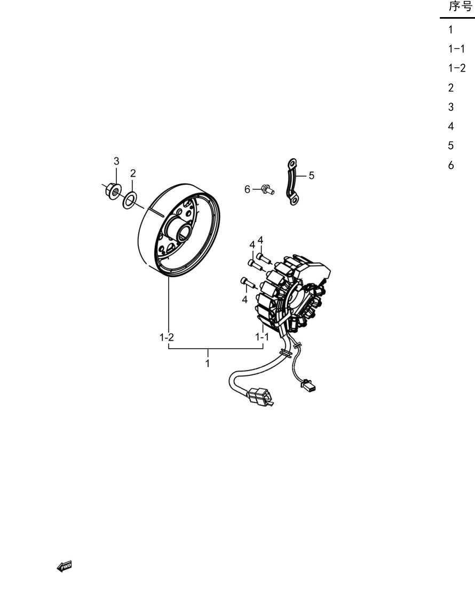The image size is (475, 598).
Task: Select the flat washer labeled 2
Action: pyautogui.click(x=130, y=200)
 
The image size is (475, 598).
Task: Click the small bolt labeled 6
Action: pyautogui.click(x=268, y=189)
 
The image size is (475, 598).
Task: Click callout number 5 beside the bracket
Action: pyautogui.click(x=312, y=176)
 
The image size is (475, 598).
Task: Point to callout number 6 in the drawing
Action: pyautogui.click(x=248, y=189)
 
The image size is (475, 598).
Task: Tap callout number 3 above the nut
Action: pyautogui.click(x=116, y=161)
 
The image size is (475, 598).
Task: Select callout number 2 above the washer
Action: pyautogui.click(x=133, y=173)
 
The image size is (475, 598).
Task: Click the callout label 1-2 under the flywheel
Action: pyautogui.click(x=167, y=337)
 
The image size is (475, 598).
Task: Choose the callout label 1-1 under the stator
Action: pyautogui.click(x=262, y=337)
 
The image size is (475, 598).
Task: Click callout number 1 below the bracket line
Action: pyautogui.click(x=208, y=364)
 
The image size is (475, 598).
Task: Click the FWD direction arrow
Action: pyautogui.click(x=65, y=566)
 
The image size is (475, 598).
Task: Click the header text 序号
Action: pyautogui.click(x=461, y=6)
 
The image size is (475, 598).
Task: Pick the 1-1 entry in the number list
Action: pyautogui.click(x=457, y=49)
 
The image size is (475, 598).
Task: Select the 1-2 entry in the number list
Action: pyautogui.click(x=457, y=68)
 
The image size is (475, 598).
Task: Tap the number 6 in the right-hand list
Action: pyautogui.click(x=451, y=165)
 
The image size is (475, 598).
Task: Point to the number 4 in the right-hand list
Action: pyautogui.click(x=451, y=126)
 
